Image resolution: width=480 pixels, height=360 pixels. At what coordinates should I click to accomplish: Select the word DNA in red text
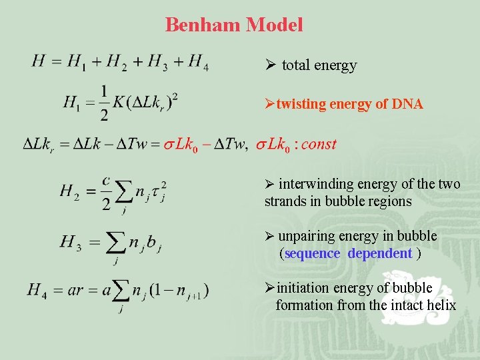point(407,104)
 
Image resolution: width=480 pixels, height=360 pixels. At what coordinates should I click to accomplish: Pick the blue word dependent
point(379,253)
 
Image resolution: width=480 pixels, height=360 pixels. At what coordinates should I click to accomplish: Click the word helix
point(442,305)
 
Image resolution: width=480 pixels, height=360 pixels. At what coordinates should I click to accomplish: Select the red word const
point(319,144)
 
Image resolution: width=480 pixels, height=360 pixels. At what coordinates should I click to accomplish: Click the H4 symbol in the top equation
point(198,62)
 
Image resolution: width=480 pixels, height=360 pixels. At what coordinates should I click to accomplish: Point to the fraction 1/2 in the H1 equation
point(105,103)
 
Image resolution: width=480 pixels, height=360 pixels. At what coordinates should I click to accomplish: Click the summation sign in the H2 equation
point(124,193)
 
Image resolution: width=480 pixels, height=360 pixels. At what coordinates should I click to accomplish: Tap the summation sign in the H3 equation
point(115,243)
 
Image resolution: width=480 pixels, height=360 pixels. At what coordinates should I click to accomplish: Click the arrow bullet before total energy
point(270,65)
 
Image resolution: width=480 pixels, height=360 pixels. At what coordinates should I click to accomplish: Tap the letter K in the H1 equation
point(119,103)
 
